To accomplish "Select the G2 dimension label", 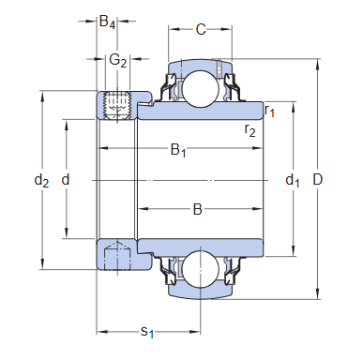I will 117,60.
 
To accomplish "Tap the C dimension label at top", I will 200,30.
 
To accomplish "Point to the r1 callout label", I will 270,112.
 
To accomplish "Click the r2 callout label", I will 250,129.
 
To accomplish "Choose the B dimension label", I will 198,209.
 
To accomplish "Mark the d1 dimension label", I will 293,180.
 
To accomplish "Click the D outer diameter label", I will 327,180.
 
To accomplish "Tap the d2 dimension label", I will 40,180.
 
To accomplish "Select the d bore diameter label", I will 65,180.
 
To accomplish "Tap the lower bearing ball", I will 198,270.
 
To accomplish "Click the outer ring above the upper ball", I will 198,67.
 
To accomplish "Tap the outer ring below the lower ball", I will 198,292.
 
